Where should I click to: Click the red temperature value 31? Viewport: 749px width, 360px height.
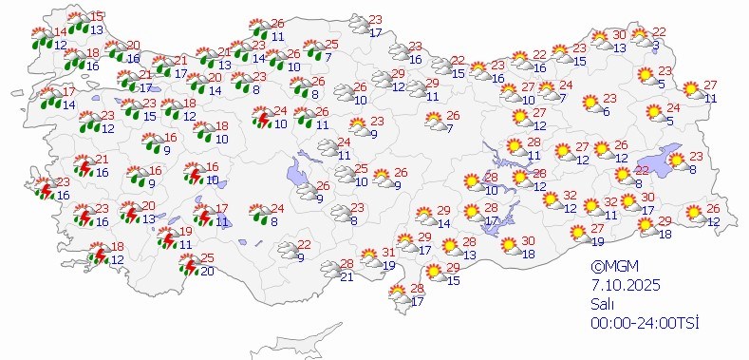[387, 253]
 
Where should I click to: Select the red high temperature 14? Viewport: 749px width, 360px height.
[61, 32]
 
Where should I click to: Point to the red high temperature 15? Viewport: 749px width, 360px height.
[98, 16]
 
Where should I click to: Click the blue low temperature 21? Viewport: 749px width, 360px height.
[346, 276]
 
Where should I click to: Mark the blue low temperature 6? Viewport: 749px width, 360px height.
[606, 111]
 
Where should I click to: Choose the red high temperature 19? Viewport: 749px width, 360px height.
[186, 232]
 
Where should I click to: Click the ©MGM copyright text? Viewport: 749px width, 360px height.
[609, 268]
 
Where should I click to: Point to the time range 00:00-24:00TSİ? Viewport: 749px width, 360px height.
[644, 323]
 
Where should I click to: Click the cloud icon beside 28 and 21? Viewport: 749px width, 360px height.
[328, 270]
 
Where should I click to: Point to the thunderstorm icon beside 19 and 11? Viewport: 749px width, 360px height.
[167, 237]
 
